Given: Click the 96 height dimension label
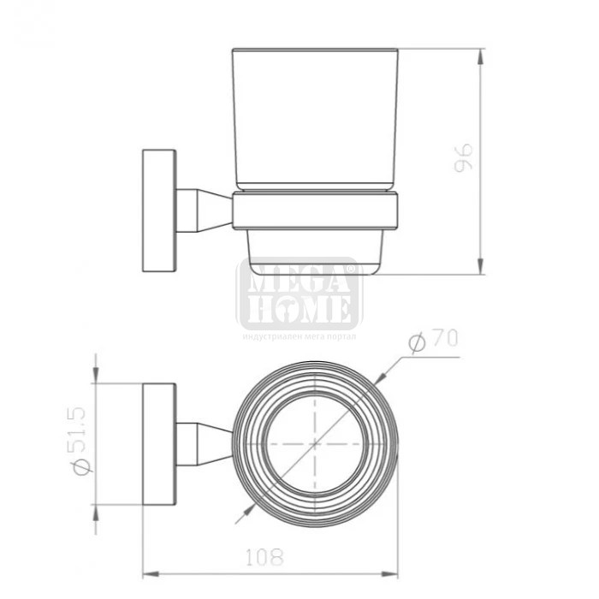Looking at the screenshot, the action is pyautogui.click(x=464, y=158).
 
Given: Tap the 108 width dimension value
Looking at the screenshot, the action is pyautogui.click(x=264, y=557).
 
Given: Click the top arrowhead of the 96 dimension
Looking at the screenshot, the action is pyautogui.click(x=481, y=56).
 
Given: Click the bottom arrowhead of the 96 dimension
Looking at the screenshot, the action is pyautogui.click(x=481, y=266).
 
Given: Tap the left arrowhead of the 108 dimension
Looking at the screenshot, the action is pyautogui.click(x=151, y=573).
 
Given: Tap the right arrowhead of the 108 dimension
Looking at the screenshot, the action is pyautogui.click(x=389, y=573).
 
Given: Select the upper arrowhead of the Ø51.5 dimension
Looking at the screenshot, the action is pyautogui.click(x=96, y=375).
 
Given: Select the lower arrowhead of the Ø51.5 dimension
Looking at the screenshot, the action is pyautogui.click(x=96, y=513).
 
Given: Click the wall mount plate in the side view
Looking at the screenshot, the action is pyautogui.click(x=159, y=211).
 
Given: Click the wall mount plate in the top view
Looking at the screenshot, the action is pyautogui.click(x=159, y=444).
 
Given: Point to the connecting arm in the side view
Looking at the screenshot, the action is pyautogui.click(x=205, y=211).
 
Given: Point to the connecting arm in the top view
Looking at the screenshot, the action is pyautogui.click(x=205, y=444).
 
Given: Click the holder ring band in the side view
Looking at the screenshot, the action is pyautogui.click(x=316, y=211).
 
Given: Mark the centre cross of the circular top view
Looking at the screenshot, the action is pyautogui.click(x=315, y=444).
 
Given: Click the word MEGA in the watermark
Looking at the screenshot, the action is pyautogui.click(x=299, y=276).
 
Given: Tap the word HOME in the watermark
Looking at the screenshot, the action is pyautogui.click(x=299, y=309).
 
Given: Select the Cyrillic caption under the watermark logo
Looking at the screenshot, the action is pyautogui.click(x=299, y=336).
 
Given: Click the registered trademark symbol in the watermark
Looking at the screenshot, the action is pyautogui.click(x=350, y=269).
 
